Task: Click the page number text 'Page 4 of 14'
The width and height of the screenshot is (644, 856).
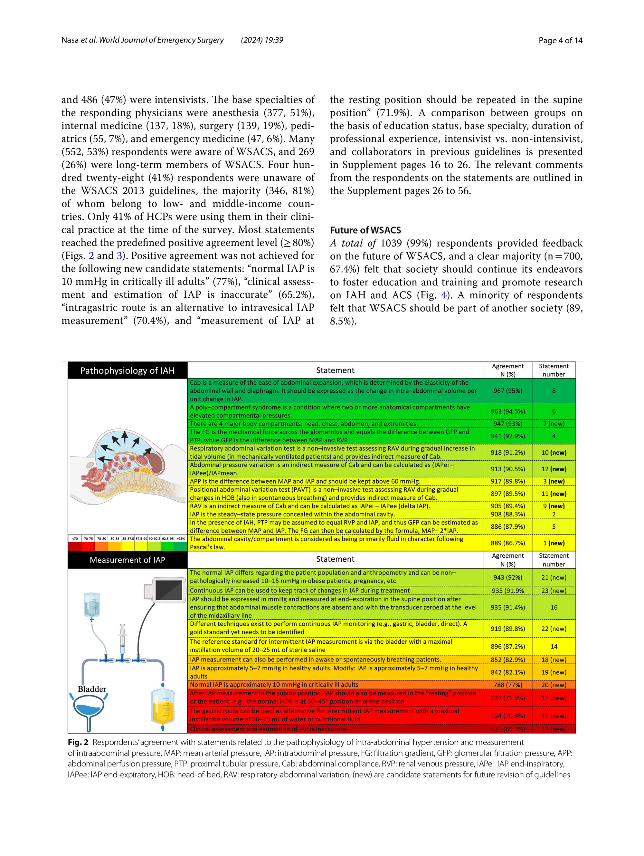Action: (560, 40)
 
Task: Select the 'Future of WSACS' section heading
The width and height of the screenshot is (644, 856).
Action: (365, 230)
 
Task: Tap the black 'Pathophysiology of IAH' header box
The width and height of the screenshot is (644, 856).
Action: (127, 370)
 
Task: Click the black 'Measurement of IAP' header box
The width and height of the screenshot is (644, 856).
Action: (127, 560)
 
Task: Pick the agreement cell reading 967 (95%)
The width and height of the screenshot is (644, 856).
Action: (507, 390)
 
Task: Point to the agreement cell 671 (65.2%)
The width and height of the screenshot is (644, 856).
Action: (507, 729)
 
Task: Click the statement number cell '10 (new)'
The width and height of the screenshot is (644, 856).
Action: (554, 452)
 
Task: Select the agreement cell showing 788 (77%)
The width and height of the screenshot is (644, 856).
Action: (507, 685)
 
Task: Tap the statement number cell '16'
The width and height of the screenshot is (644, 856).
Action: (554, 607)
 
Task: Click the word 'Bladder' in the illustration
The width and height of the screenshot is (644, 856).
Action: (92, 689)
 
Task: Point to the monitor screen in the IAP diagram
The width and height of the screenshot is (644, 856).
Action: (169, 590)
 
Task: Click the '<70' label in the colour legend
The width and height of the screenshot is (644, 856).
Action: (75, 538)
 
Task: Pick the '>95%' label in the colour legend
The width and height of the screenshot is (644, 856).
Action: (181, 538)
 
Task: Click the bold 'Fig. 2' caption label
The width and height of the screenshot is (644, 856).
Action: (78, 742)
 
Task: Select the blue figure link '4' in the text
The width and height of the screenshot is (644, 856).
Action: (444, 295)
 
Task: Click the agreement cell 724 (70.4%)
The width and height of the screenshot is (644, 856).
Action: (507, 716)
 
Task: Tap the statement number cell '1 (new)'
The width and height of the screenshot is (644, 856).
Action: (554, 543)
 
